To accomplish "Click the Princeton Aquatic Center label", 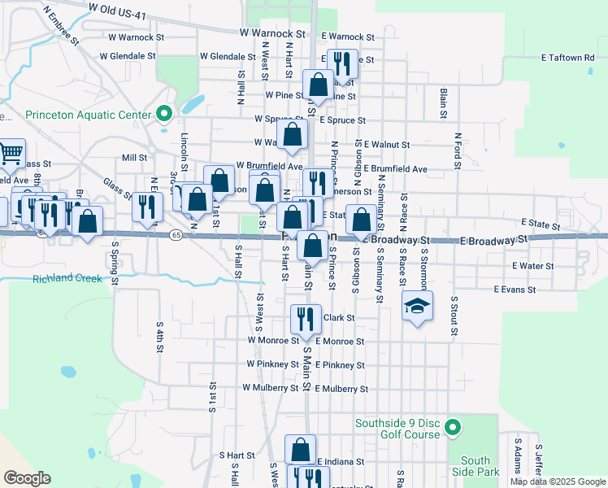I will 89,115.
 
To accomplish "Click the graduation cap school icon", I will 417,306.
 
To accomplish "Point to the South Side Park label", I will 476,466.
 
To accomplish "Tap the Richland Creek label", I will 67,279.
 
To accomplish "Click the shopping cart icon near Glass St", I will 11,151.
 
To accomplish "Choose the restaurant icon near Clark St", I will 305,318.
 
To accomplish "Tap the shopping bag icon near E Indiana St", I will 300,450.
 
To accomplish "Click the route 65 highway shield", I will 176,235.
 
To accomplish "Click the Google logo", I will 28,477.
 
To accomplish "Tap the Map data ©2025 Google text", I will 557,481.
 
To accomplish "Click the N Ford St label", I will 458,151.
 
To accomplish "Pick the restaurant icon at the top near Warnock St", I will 341,62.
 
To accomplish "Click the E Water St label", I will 532,266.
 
